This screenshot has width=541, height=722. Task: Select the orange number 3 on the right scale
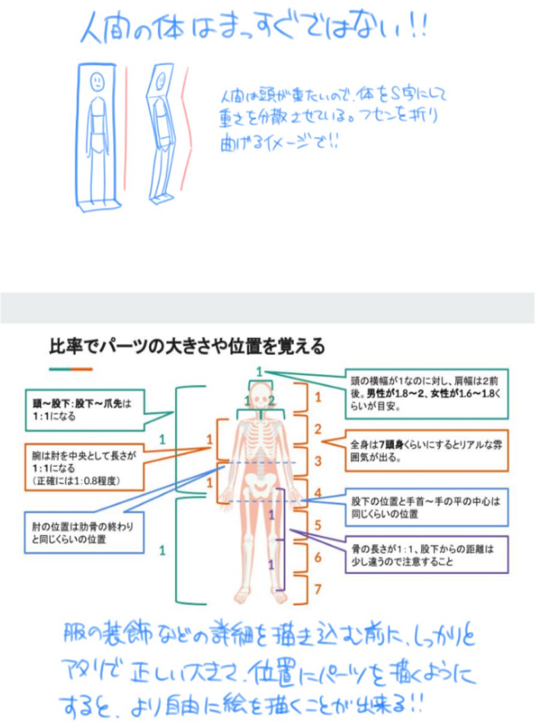pos(318,461)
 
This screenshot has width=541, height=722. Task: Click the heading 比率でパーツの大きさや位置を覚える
pos(187,347)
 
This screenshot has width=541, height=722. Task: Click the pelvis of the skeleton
pos(260,481)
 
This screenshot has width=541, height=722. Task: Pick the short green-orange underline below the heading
pos(71,368)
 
